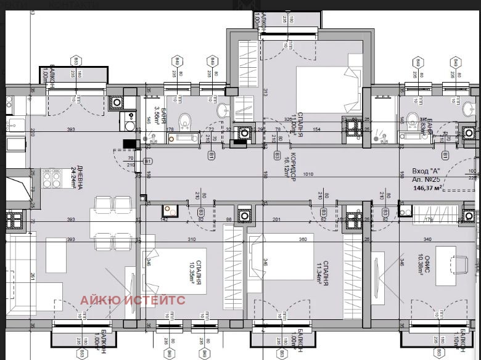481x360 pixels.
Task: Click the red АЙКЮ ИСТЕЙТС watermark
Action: (132, 301)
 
